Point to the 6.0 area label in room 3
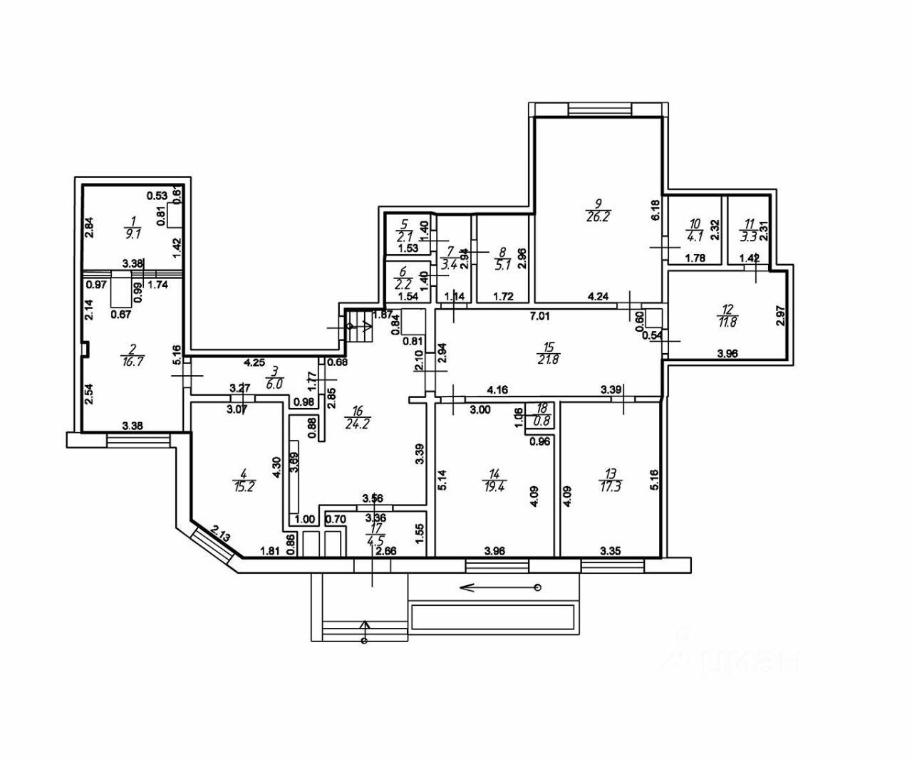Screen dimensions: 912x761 tap(275, 382)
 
